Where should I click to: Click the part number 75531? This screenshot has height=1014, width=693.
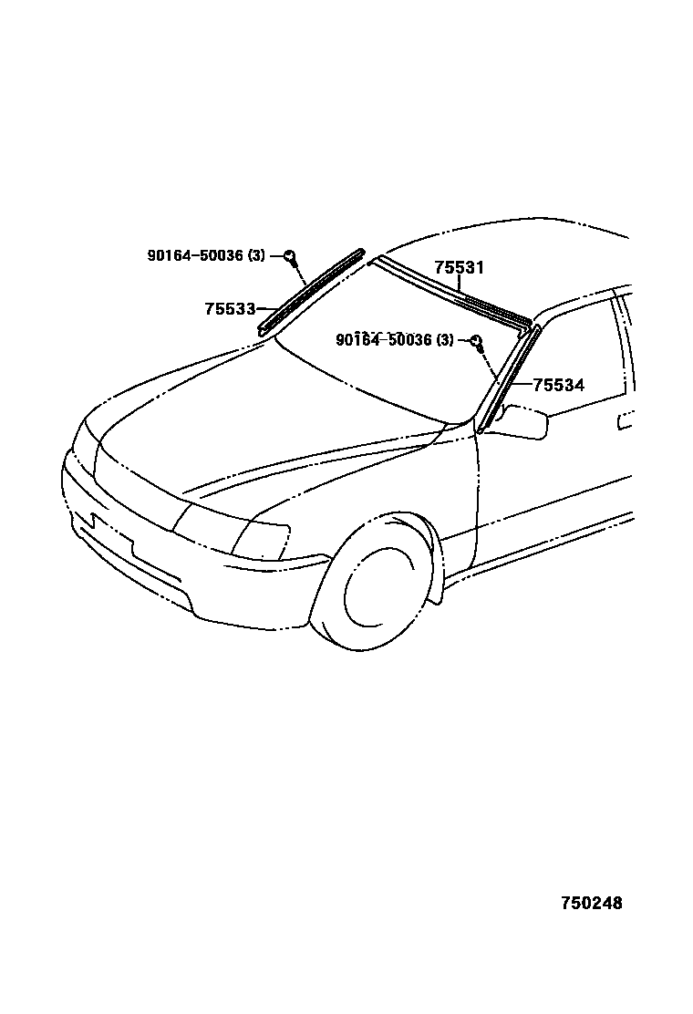[x=459, y=268]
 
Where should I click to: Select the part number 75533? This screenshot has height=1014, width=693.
[x=229, y=309]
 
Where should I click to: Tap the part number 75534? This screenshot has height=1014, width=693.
[x=558, y=386]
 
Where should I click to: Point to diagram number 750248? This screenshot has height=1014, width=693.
[x=591, y=904]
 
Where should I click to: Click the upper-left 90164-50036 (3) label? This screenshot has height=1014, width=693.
[x=206, y=256]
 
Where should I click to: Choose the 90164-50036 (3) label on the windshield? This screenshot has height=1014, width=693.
[x=394, y=340]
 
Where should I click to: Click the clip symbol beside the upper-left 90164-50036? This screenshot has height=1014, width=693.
[x=289, y=256]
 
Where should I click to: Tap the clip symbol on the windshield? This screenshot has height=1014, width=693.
[x=476, y=342]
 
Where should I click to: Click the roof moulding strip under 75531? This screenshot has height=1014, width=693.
[x=451, y=291]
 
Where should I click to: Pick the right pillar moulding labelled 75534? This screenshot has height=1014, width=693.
[x=509, y=377]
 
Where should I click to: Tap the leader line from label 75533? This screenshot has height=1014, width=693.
[x=267, y=309]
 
